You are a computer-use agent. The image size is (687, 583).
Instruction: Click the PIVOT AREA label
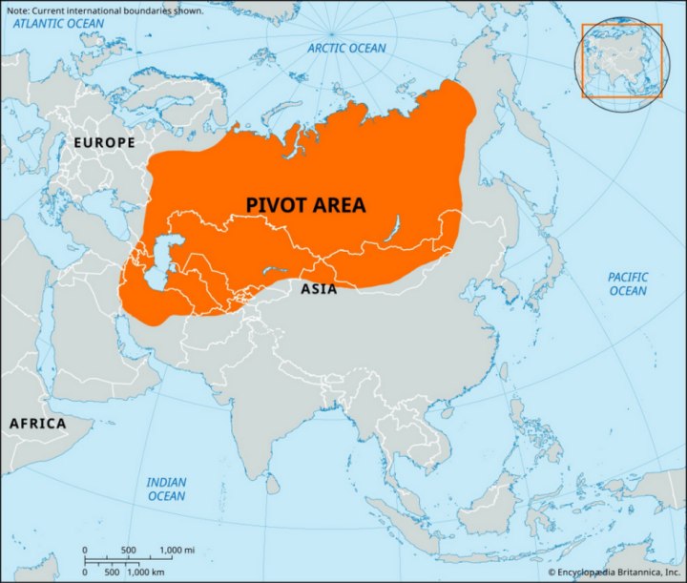click(305, 205)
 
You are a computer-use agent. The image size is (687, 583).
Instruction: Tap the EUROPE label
click(104, 142)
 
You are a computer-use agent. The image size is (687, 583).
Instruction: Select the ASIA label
click(319, 288)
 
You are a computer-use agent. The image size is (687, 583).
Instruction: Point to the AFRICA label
click(37, 423)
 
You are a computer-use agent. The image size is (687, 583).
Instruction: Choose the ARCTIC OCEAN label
click(347, 49)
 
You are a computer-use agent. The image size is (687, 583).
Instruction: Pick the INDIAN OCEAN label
click(166, 489)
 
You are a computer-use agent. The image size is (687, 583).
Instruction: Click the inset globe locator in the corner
click(619, 59)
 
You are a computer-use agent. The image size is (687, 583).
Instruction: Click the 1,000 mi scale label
click(177, 552)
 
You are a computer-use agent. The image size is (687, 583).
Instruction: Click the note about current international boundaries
click(103, 10)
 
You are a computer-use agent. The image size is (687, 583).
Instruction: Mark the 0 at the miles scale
click(86, 552)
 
